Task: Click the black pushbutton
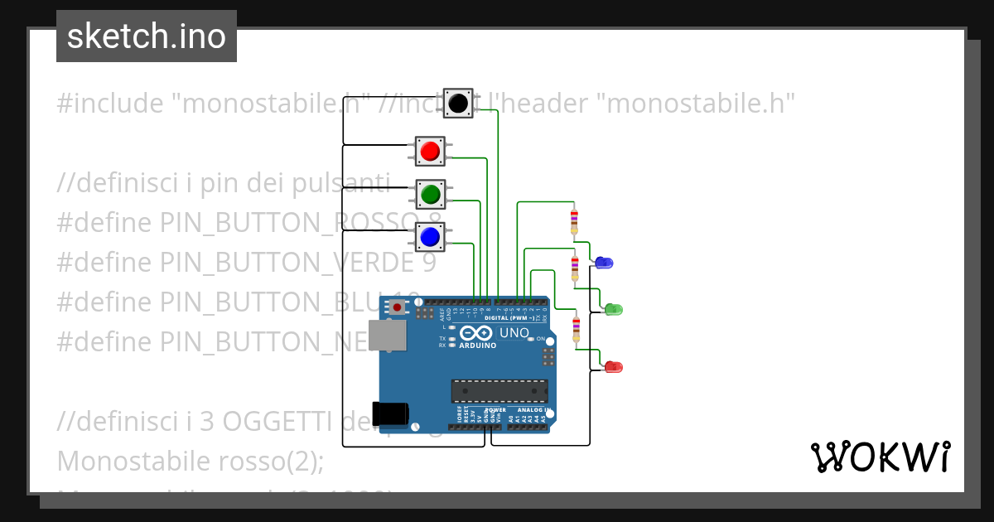[x=458, y=104]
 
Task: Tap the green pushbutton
[x=430, y=195]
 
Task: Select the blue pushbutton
[x=429, y=238]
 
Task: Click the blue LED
[x=604, y=263]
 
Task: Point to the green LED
[x=613, y=309]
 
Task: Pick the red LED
[x=613, y=366]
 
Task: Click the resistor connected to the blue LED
[x=574, y=221]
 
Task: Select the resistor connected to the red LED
[x=577, y=328]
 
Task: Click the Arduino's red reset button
[x=398, y=307]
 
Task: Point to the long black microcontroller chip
[x=499, y=390]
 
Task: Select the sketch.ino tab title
[x=147, y=36]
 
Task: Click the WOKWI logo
[x=880, y=457]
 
